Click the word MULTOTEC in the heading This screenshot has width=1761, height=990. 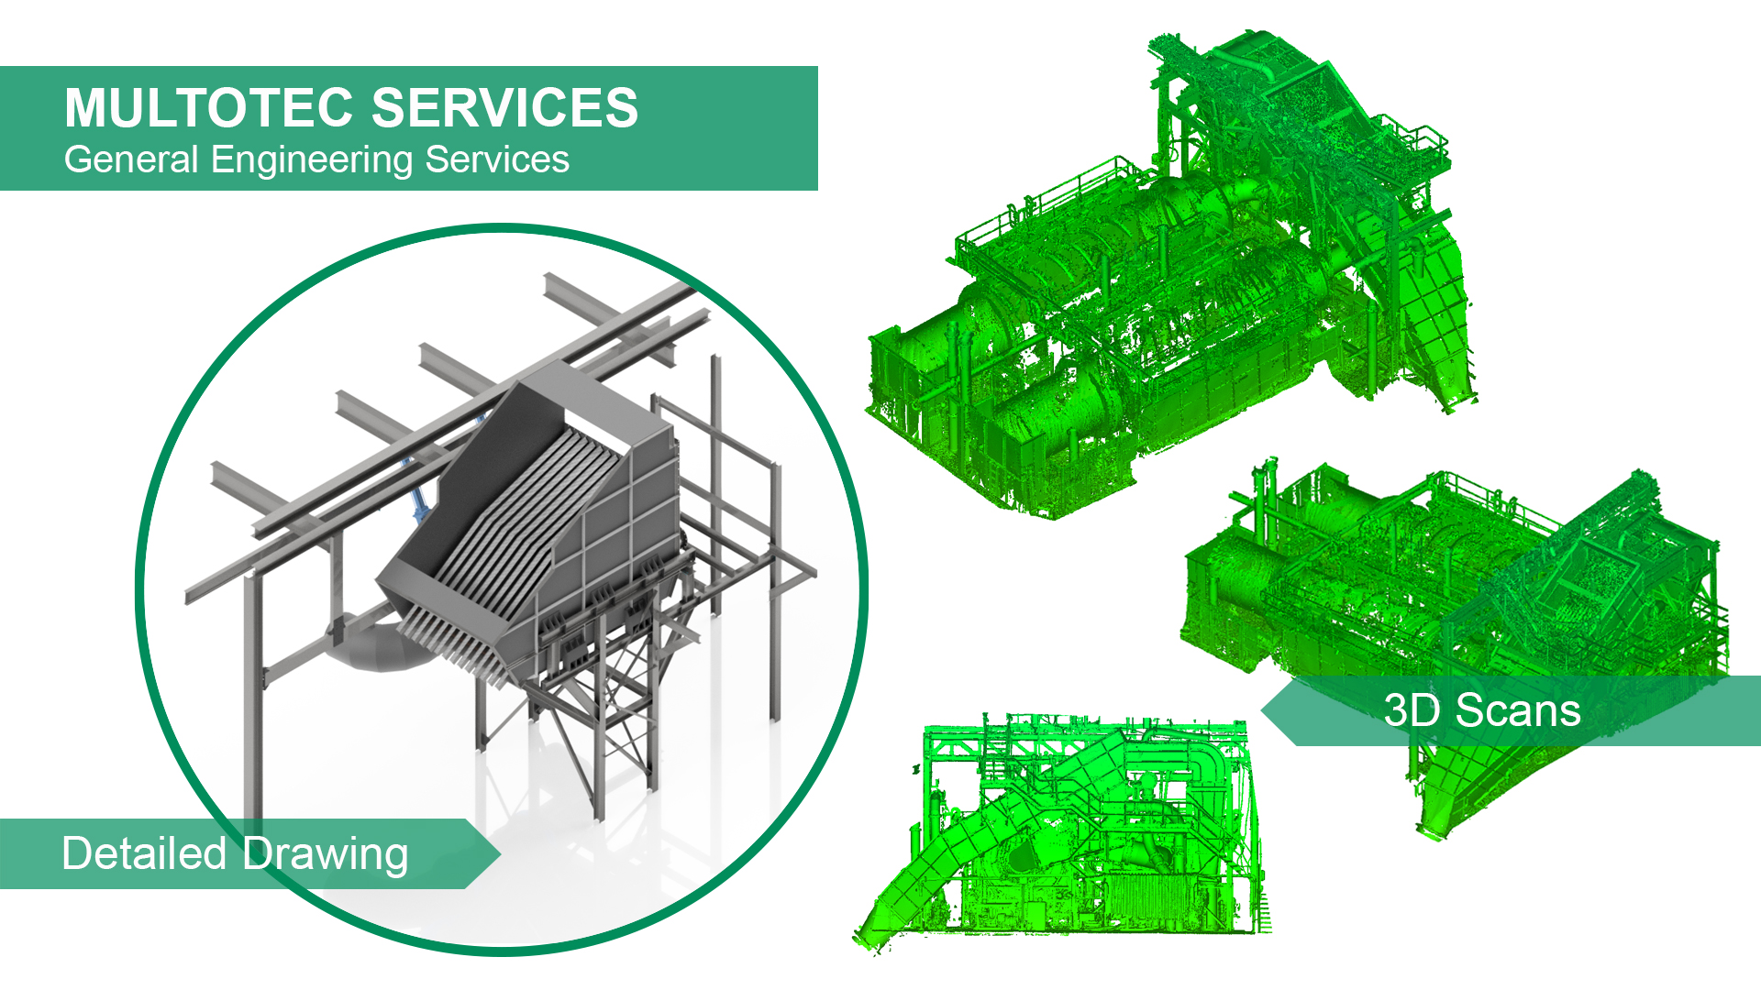[209, 107]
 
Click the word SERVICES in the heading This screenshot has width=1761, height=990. [505, 107]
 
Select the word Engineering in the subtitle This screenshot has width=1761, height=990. [313, 160]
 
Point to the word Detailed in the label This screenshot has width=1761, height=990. [145, 853]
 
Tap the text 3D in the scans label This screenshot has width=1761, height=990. [1412, 710]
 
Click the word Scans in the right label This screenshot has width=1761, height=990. [1519, 710]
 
